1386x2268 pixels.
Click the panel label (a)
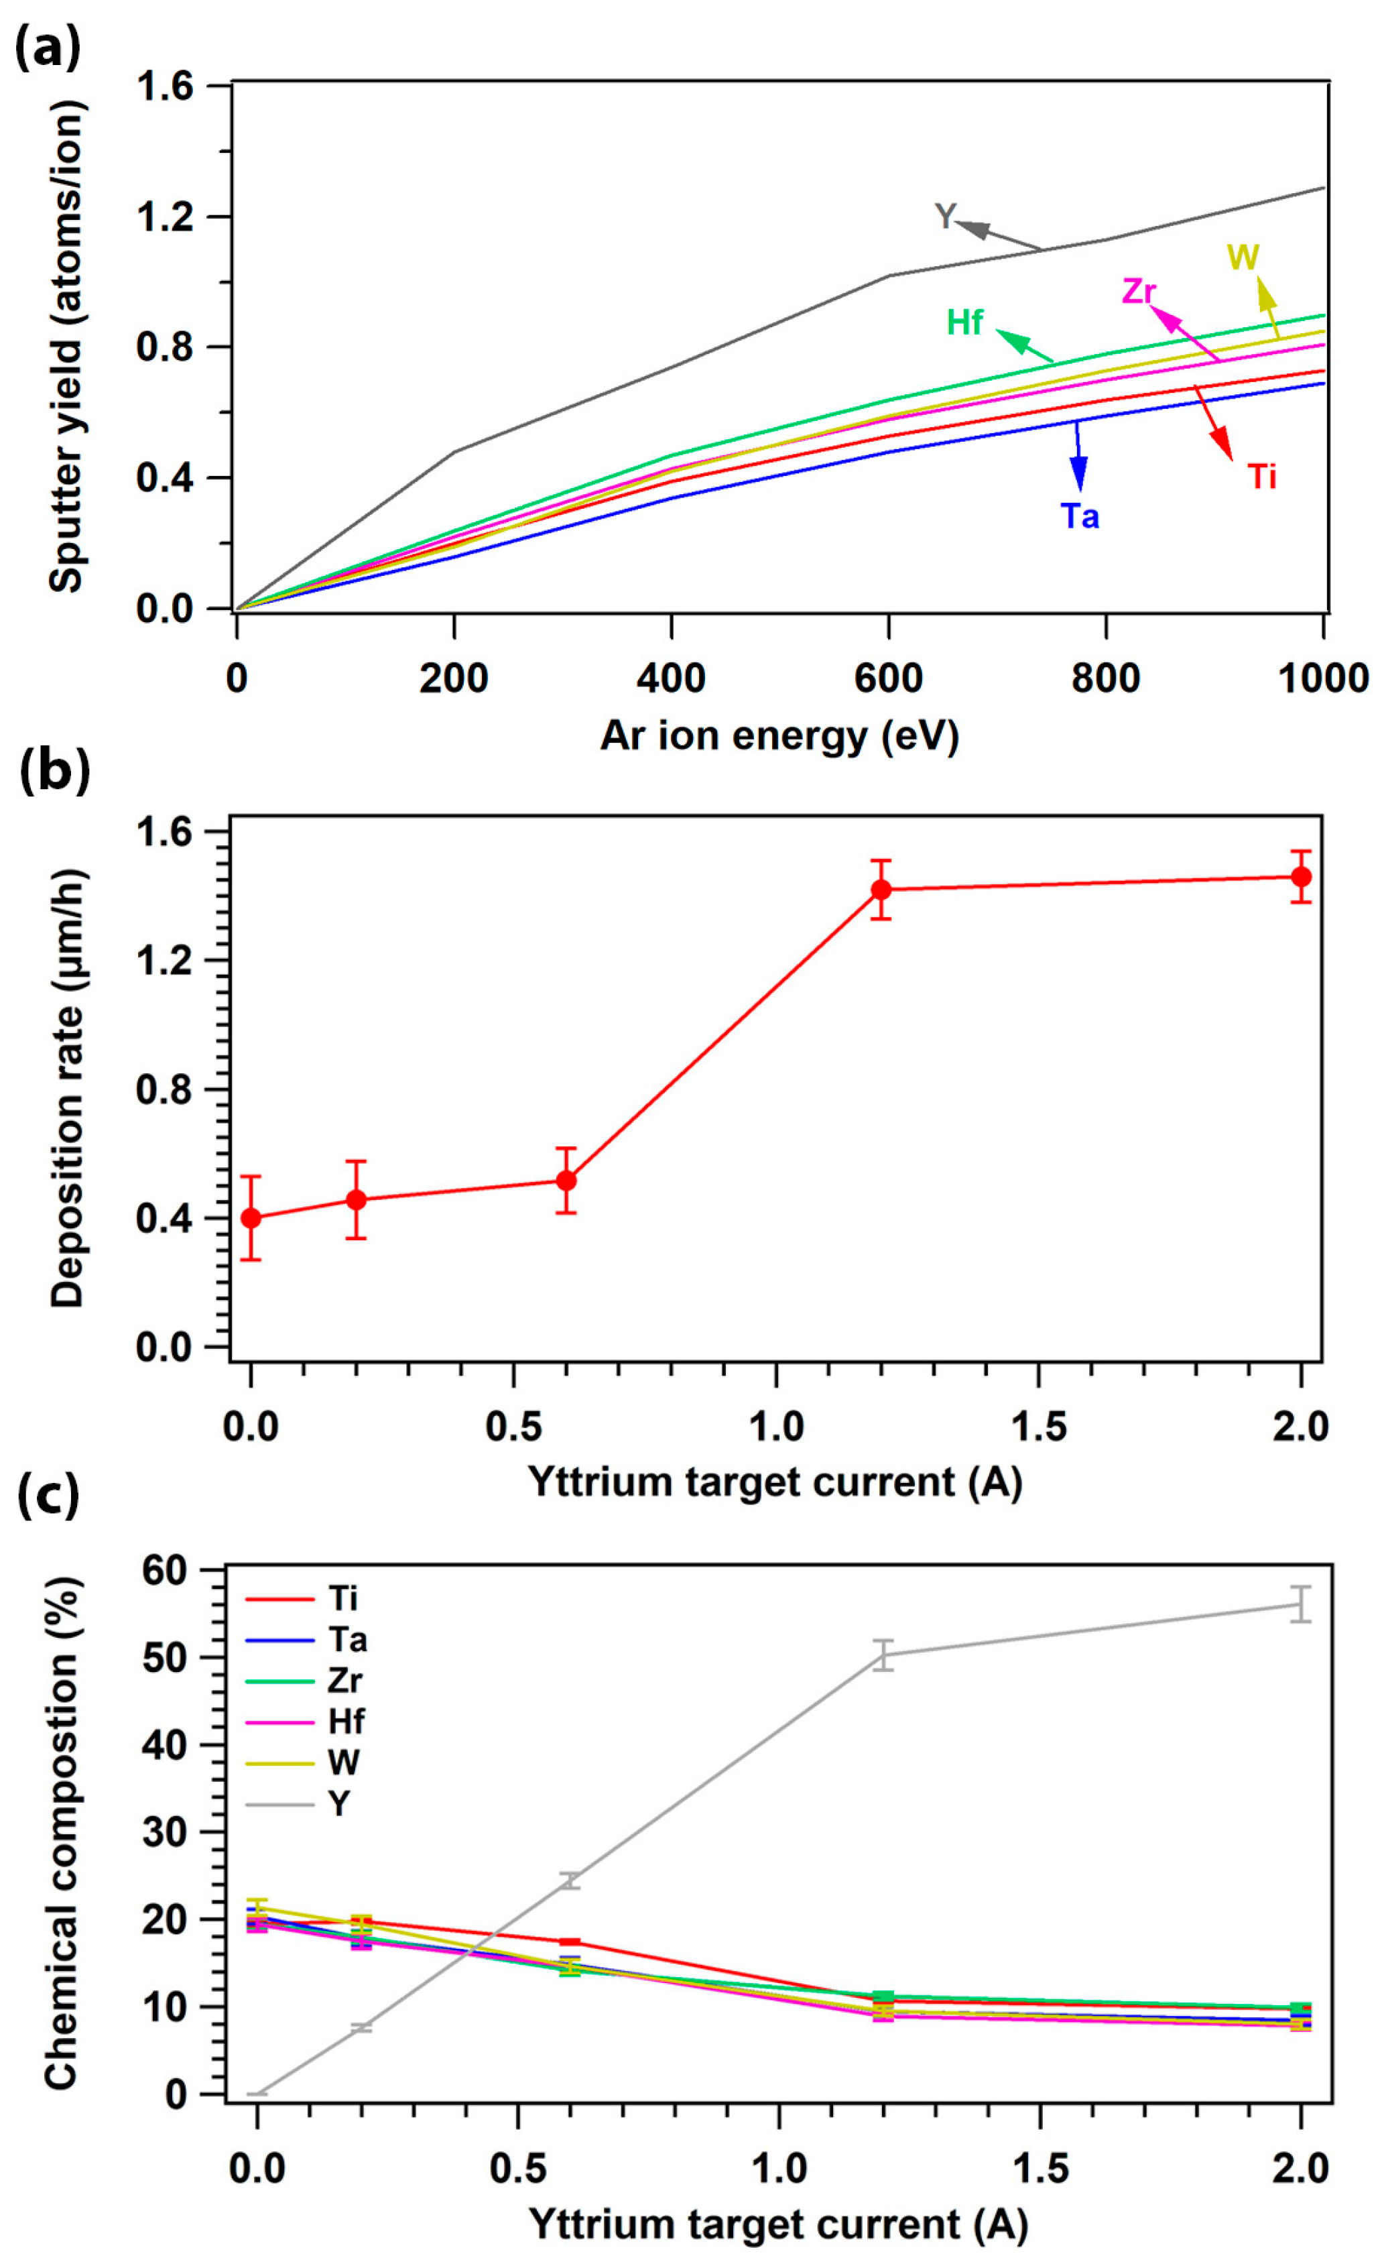pos(48,46)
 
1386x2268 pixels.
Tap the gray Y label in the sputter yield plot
pos(945,217)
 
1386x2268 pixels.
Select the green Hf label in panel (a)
pos(964,322)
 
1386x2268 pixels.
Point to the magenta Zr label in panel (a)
pos(1139,291)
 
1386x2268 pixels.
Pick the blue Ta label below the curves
pos(1080,516)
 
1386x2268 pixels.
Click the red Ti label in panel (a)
pos(1262,477)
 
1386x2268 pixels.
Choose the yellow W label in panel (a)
pos(1243,257)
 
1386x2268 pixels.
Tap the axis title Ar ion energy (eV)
pos(779,736)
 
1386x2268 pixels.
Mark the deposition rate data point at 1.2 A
pos(881,889)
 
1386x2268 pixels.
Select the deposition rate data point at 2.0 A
pos(1300,876)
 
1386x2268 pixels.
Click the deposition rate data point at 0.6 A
pos(566,1180)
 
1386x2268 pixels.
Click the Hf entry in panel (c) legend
pos(346,1721)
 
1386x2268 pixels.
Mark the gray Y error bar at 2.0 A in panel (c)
pos(1300,1604)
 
